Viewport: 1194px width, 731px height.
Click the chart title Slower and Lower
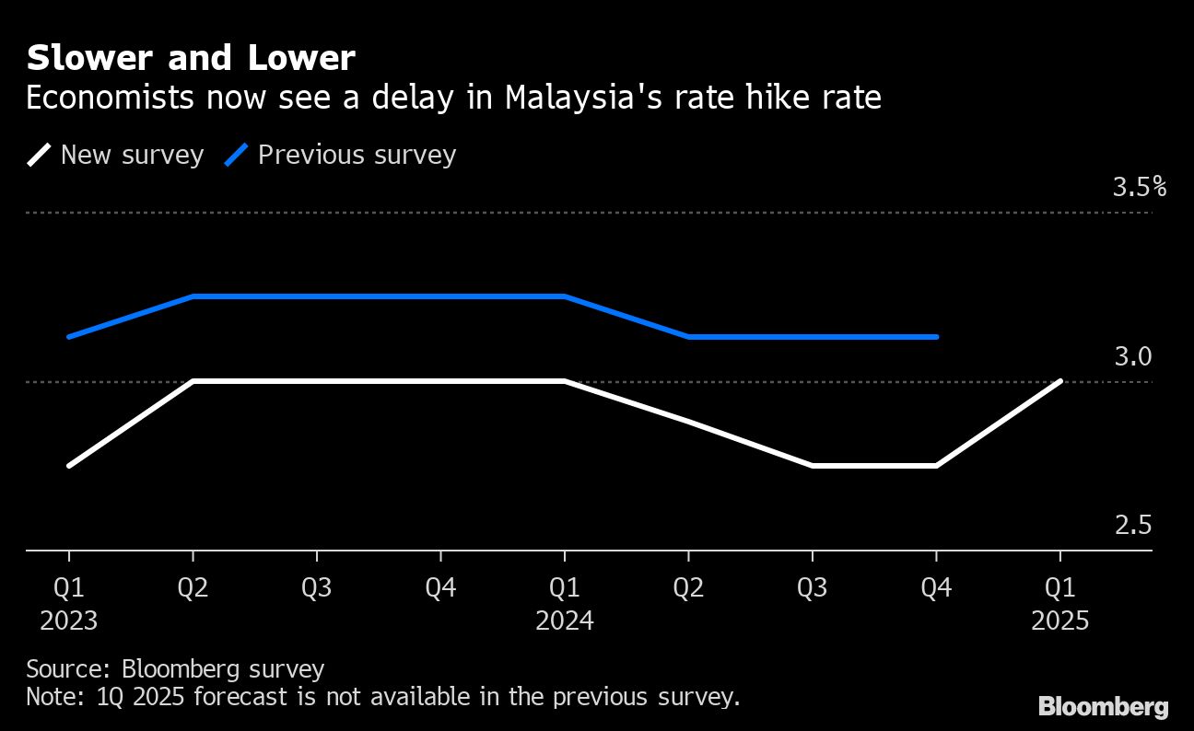coord(190,59)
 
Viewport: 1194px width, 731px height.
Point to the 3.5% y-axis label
coord(1139,188)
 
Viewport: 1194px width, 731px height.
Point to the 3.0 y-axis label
coord(1133,356)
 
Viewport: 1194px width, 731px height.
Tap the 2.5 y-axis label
coord(1133,525)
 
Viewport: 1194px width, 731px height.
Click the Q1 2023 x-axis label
coord(69,604)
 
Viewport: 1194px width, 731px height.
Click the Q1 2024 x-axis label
coord(564,604)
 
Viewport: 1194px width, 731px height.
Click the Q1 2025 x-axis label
coord(1059,604)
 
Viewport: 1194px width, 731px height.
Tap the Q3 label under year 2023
coord(316,588)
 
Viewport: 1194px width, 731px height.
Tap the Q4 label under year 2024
coord(936,588)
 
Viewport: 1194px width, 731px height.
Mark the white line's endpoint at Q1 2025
coord(1060,381)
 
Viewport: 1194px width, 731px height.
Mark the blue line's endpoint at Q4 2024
coord(936,337)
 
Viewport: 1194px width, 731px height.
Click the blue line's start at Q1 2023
coord(69,337)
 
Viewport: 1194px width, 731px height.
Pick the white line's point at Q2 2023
coord(193,381)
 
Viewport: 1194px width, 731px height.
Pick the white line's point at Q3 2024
coord(812,466)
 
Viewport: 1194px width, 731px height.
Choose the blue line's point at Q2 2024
coord(688,337)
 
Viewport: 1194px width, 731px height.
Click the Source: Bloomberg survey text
coord(175,668)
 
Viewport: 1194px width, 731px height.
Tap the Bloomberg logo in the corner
coord(1103,707)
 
